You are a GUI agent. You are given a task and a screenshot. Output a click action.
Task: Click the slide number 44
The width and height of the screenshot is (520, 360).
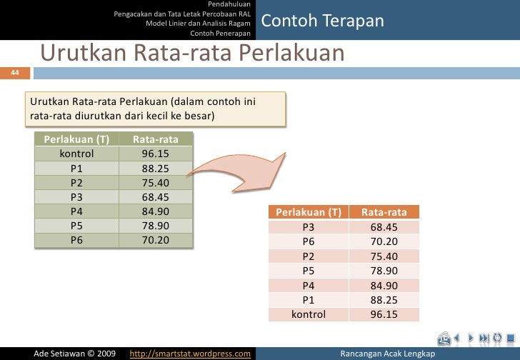click(x=5, y=72)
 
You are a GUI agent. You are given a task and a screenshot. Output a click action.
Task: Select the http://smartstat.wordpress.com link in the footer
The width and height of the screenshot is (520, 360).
click(x=189, y=354)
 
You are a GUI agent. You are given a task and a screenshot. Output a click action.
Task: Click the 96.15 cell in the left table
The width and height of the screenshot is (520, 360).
click(x=155, y=153)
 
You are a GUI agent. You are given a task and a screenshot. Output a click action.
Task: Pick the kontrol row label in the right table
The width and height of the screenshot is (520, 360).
click(x=309, y=314)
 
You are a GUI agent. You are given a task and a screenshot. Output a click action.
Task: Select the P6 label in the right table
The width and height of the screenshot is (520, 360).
click(x=309, y=241)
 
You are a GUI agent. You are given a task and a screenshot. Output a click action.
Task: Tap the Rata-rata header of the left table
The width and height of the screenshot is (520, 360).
click(x=155, y=138)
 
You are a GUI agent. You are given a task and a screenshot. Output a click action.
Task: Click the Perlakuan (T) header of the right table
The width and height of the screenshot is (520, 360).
click(x=309, y=212)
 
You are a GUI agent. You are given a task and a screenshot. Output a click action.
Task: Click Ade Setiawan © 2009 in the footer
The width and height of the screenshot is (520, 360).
click(x=75, y=354)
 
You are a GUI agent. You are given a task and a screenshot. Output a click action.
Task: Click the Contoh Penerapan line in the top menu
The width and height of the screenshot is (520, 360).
click(x=221, y=34)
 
